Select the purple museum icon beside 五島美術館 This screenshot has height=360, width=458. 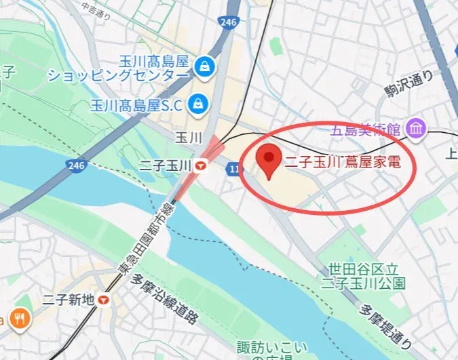415,127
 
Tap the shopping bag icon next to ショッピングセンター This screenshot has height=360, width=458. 202,66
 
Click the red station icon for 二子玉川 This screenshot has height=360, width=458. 202,165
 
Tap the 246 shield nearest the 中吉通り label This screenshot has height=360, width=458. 228,22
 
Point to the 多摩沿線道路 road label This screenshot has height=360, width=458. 166,302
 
